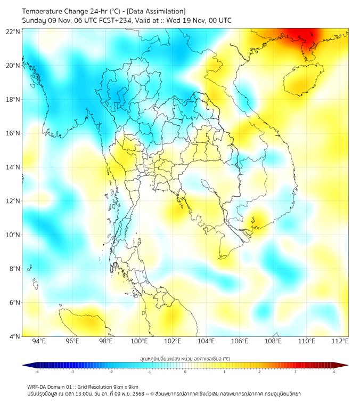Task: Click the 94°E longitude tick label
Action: coord(39,341)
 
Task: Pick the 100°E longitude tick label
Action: coord(139,341)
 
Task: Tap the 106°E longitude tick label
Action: coord(240,341)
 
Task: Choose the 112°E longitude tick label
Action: coord(340,341)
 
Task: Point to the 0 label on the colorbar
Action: coord(185,372)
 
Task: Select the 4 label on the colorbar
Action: coord(334,372)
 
